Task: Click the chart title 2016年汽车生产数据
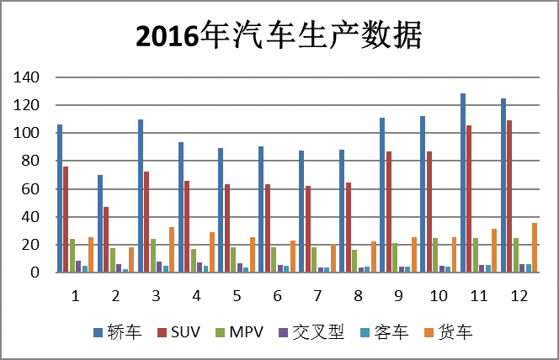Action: pos(279,35)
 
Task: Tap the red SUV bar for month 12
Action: pos(509,197)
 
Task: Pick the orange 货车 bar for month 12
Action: pos(535,248)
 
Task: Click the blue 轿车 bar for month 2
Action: pos(100,224)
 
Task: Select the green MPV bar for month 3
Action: pos(153,256)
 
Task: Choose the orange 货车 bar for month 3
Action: pos(172,250)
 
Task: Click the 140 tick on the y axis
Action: pos(27,77)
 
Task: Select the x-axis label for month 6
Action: pos(277,296)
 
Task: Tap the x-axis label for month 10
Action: pos(438,296)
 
